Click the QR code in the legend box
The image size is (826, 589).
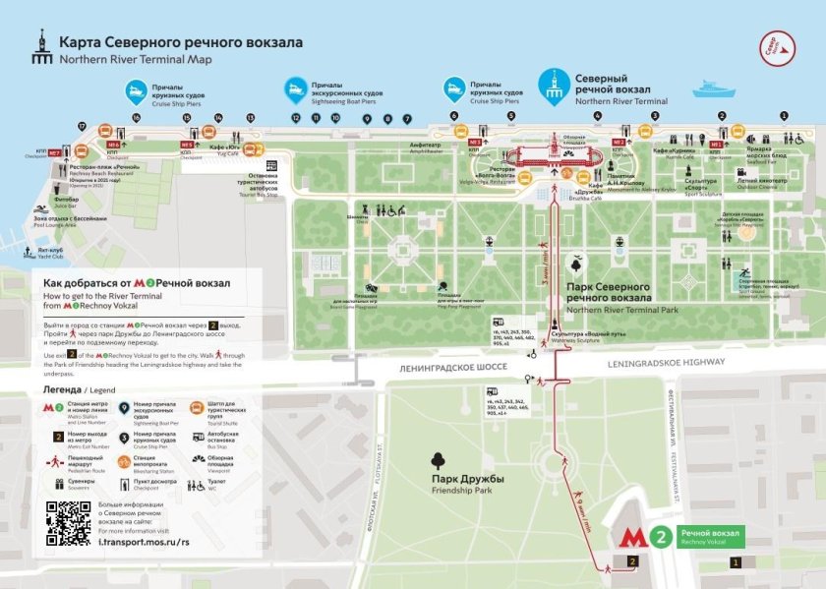coord(70,523)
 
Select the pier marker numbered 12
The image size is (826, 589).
coord(295,117)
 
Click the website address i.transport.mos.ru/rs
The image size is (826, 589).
coord(146,542)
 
